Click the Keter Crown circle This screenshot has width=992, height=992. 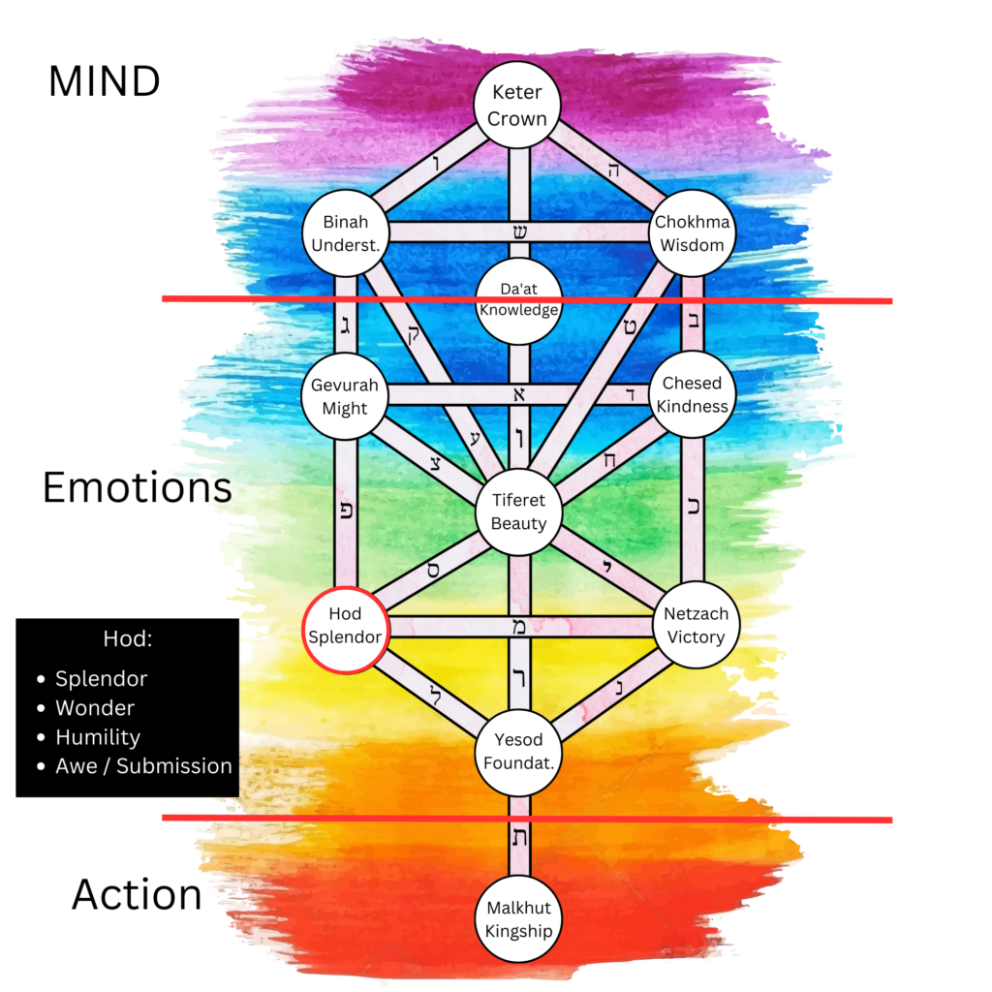point(518,106)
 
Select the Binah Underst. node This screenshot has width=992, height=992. point(346,233)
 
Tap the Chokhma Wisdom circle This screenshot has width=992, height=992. point(692,233)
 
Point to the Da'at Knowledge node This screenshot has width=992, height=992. point(518,301)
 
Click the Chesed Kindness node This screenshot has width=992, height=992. point(692,394)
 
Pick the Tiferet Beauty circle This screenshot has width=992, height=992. point(518,511)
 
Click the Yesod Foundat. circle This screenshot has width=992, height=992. point(518,751)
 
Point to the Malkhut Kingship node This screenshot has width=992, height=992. point(518,919)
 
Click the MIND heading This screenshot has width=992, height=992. point(104,82)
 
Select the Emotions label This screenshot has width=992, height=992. point(137,488)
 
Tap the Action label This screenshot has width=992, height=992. point(137,895)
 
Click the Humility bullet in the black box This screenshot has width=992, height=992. point(98,737)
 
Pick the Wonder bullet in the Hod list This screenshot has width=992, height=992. point(94,708)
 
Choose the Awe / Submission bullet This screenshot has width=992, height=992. point(143,766)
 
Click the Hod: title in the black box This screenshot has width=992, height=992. point(127,640)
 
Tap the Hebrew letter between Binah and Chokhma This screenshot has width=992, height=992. point(520,232)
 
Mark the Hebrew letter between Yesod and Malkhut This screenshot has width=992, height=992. point(520,838)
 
